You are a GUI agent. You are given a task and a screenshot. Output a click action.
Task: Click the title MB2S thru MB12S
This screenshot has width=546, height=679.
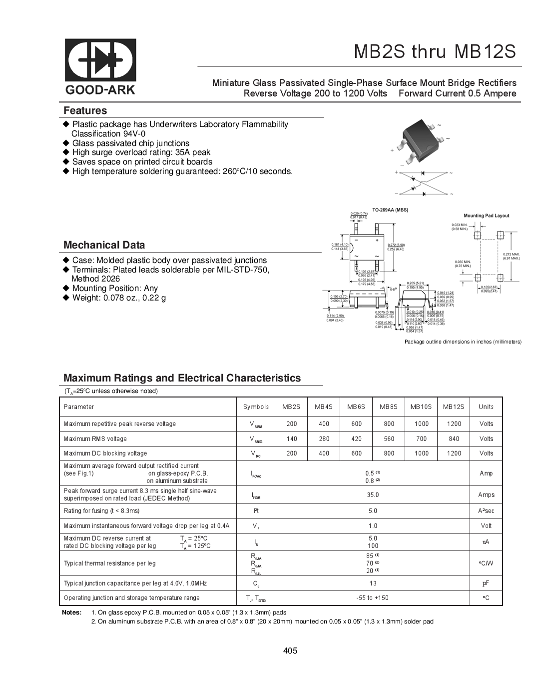coord(435,52)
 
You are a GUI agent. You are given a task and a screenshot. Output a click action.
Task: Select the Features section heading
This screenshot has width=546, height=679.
coord(85,110)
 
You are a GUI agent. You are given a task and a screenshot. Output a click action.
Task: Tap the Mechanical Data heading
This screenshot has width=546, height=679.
coord(104,245)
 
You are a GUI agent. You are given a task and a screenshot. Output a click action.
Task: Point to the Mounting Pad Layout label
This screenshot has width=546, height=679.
coord(486,215)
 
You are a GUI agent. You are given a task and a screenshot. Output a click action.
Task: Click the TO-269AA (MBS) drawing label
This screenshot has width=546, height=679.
coord(390,210)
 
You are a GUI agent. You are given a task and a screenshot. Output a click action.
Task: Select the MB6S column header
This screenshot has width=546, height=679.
coord(356,407)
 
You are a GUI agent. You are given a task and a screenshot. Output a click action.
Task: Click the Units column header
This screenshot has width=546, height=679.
coord(486,407)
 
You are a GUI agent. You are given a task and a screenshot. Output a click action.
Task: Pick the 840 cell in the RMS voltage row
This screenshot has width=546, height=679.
coord(454,439)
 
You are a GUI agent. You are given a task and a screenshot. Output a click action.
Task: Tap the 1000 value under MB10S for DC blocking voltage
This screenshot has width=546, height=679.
coord(421,453)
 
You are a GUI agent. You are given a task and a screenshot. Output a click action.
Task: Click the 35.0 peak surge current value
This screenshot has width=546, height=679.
coord(373,495)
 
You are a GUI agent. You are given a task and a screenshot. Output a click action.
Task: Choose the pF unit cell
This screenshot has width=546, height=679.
coord(486,583)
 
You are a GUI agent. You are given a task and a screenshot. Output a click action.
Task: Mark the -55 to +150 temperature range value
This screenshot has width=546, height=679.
coord(373,598)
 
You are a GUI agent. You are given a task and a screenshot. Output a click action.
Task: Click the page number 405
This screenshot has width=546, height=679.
coord(290,650)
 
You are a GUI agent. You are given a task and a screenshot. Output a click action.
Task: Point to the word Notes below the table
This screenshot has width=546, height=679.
coord(71,612)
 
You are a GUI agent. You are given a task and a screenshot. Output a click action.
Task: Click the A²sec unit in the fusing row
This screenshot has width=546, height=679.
coord(486,511)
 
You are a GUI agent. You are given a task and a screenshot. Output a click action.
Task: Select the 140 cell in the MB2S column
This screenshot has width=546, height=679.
coord(291,439)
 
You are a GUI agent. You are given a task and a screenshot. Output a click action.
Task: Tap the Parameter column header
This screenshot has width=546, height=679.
coord(79,407)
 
